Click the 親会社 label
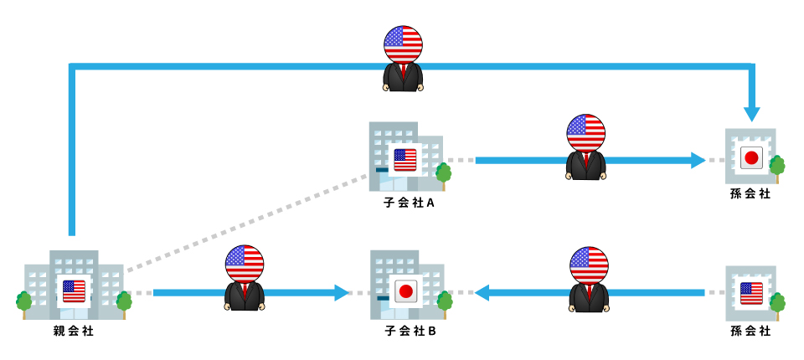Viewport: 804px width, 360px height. (74, 332)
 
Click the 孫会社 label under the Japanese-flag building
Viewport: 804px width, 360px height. (750, 194)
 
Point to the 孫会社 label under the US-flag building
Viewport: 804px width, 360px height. (750, 332)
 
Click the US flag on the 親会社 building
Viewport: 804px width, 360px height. (74, 291)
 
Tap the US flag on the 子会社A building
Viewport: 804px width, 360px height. (405, 159)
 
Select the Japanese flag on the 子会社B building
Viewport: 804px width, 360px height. (405, 291)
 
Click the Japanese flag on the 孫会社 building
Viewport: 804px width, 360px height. (750, 157)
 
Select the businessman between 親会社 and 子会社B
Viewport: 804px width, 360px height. (245, 278)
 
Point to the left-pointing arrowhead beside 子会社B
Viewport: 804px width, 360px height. (483, 292)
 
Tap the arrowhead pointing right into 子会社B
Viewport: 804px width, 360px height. (341, 292)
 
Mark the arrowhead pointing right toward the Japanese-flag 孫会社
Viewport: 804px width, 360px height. (698, 160)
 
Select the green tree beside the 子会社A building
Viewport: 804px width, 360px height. (443, 173)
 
